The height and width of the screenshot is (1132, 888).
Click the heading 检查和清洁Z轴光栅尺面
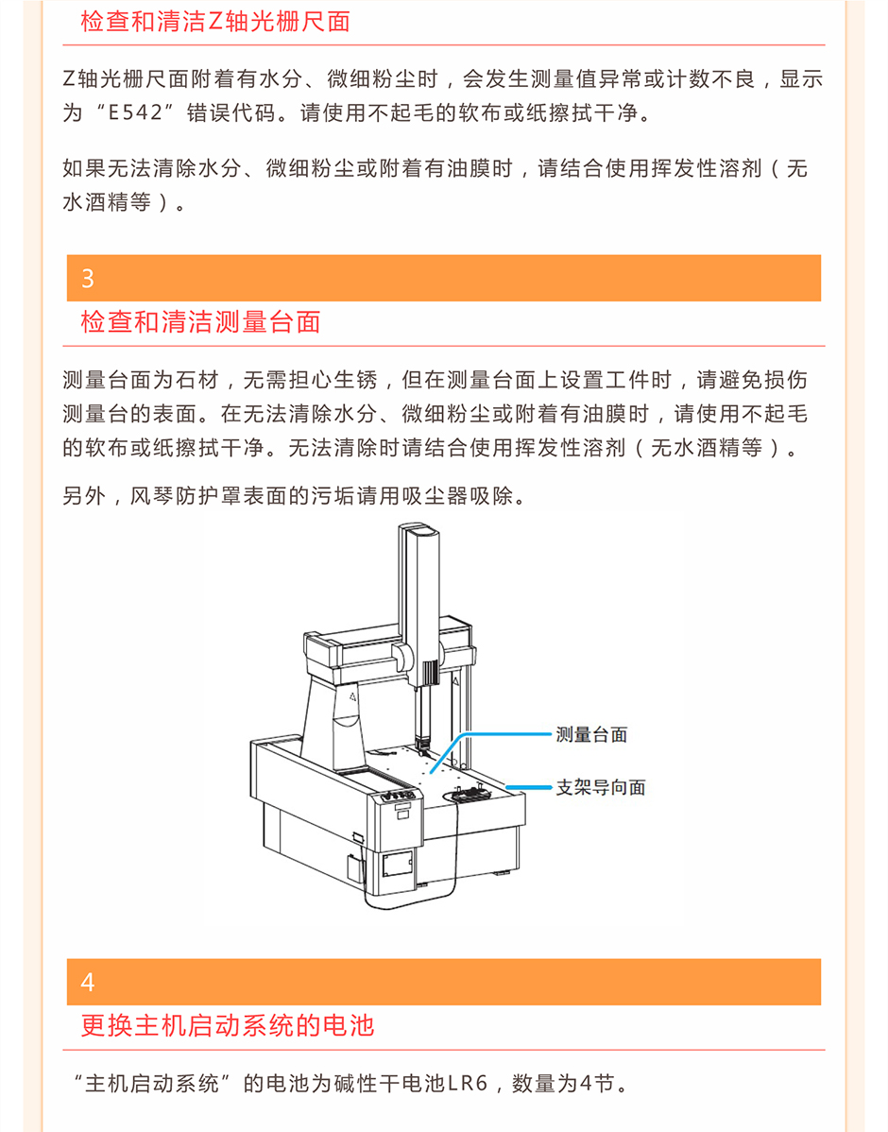[215, 21]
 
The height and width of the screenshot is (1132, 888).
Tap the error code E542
[135, 112]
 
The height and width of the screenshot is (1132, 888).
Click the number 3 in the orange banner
[87, 279]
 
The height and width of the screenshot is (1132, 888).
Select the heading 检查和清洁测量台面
[200, 321]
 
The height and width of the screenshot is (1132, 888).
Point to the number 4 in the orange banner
[87, 982]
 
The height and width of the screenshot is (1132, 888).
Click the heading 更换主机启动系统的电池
[228, 1025]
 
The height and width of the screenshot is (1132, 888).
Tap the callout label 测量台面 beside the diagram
[591, 735]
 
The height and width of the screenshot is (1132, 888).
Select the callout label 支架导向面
[601, 787]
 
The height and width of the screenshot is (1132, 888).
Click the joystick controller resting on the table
[467, 794]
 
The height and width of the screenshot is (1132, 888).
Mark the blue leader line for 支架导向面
[529, 787]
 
